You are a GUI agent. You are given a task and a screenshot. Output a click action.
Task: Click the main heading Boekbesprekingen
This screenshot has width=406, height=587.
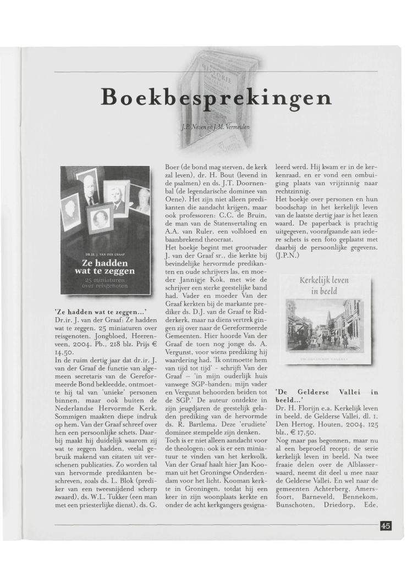(217, 98)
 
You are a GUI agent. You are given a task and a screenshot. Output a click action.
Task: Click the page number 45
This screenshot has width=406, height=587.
(385, 526)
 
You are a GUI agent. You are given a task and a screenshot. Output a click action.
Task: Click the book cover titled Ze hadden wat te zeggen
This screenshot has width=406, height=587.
(106, 230)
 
